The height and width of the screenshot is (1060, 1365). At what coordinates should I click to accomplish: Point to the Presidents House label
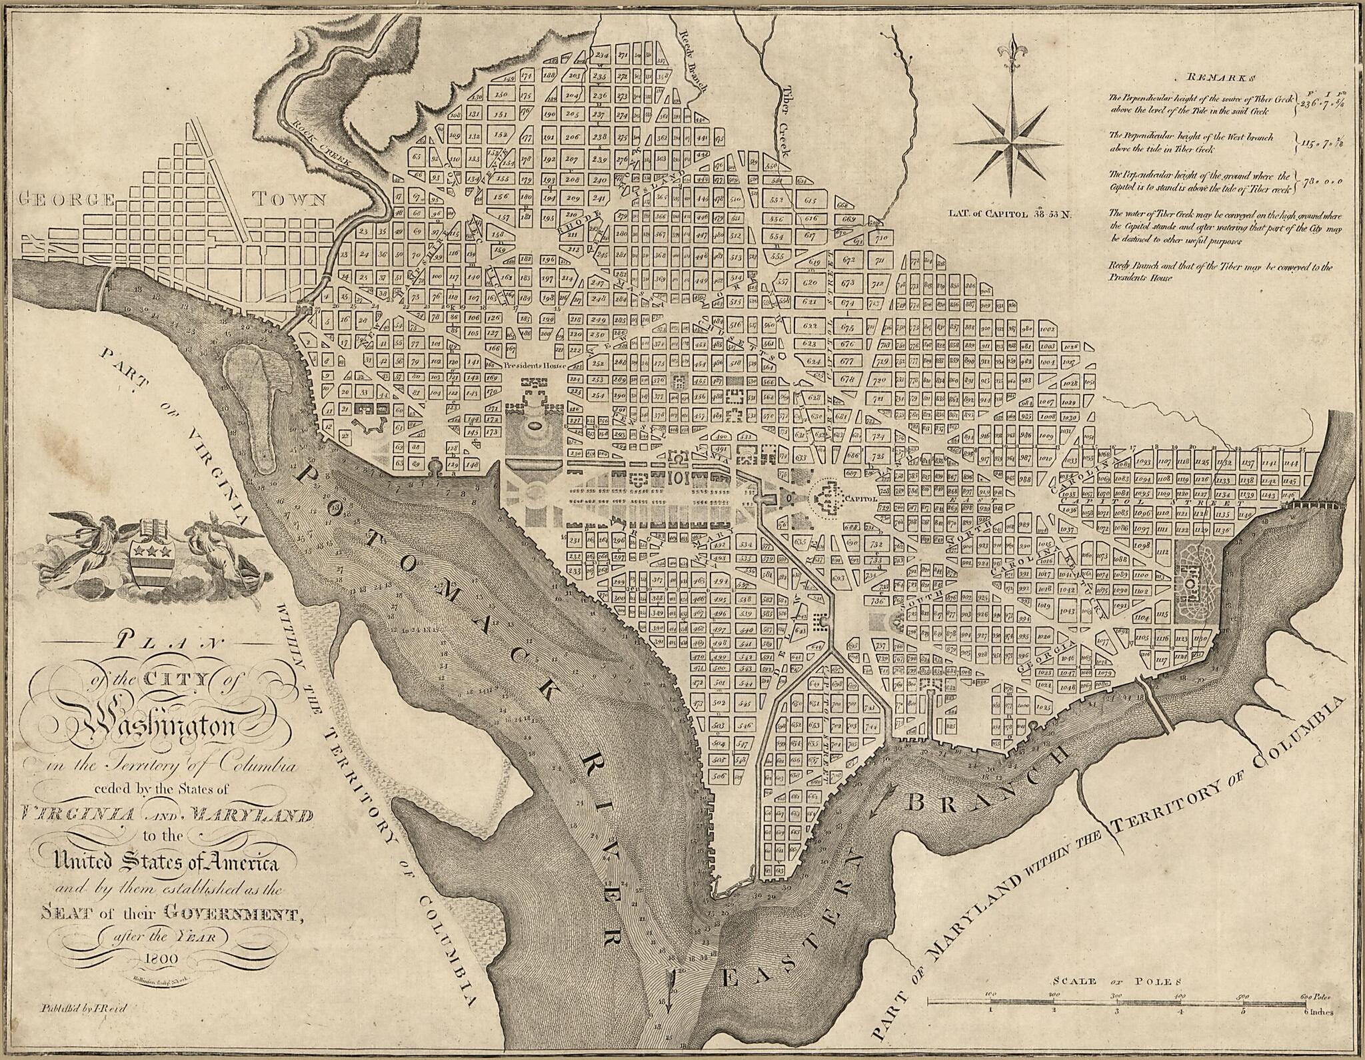(x=535, y=366)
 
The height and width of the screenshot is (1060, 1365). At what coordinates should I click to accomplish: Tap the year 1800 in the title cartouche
(x=159, y=958)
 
